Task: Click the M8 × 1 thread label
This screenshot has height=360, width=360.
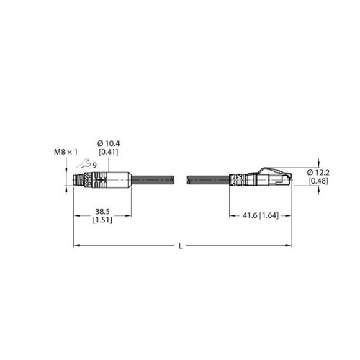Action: click(66, 152)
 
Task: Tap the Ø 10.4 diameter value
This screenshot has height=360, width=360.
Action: click(108, 143)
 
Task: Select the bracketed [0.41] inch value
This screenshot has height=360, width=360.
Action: click(109, 152)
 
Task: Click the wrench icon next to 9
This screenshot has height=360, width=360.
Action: click(84, 164)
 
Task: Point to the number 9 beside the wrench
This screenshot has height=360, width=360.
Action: click(94, 165)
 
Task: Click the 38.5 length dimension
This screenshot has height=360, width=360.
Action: click(102, 212)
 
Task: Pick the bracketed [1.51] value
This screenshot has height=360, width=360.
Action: click(102, 220)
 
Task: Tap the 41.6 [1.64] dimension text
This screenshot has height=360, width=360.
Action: click(261, 215)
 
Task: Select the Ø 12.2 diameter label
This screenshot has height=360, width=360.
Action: click(318, 172)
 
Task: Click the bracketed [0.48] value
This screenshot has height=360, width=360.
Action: click(318, 181)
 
